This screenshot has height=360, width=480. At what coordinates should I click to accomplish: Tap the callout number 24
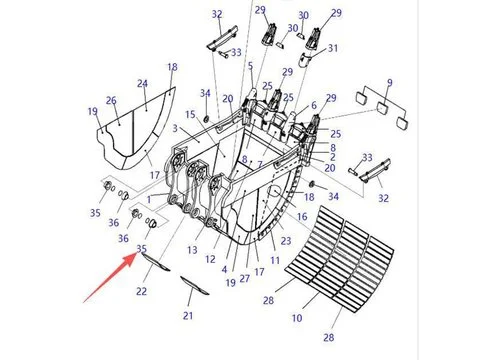pyautogui.click(x=142, y=84)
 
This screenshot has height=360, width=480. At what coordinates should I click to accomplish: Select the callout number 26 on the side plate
pyautogui.click(x=111, y=100)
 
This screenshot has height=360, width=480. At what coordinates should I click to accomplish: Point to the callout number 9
pyautogui.click(x=389, y=82)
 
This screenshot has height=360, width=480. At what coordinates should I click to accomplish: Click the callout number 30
pyautogui.click(x=303, y=16)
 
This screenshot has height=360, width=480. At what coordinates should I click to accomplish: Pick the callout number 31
pyautogui.click(x=333, y=48)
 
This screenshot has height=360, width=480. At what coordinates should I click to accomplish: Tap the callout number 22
pyautogui.click(x=142, y=291)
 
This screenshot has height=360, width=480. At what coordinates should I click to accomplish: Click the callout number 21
pyautogui.click(x=188, y=316)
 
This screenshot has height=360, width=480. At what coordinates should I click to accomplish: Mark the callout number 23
pyautogui.click(x=285, y=240)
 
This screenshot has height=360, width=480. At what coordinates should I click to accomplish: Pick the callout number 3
pyautogui.click(x=175, y=130)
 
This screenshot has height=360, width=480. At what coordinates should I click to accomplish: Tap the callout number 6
pyautogui.click(x=313, y=106)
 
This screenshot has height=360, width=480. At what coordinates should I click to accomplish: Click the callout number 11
pyautogui.click(x=275, y=260)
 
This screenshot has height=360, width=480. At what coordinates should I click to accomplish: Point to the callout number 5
pyautogui.click(x=250, y=67)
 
